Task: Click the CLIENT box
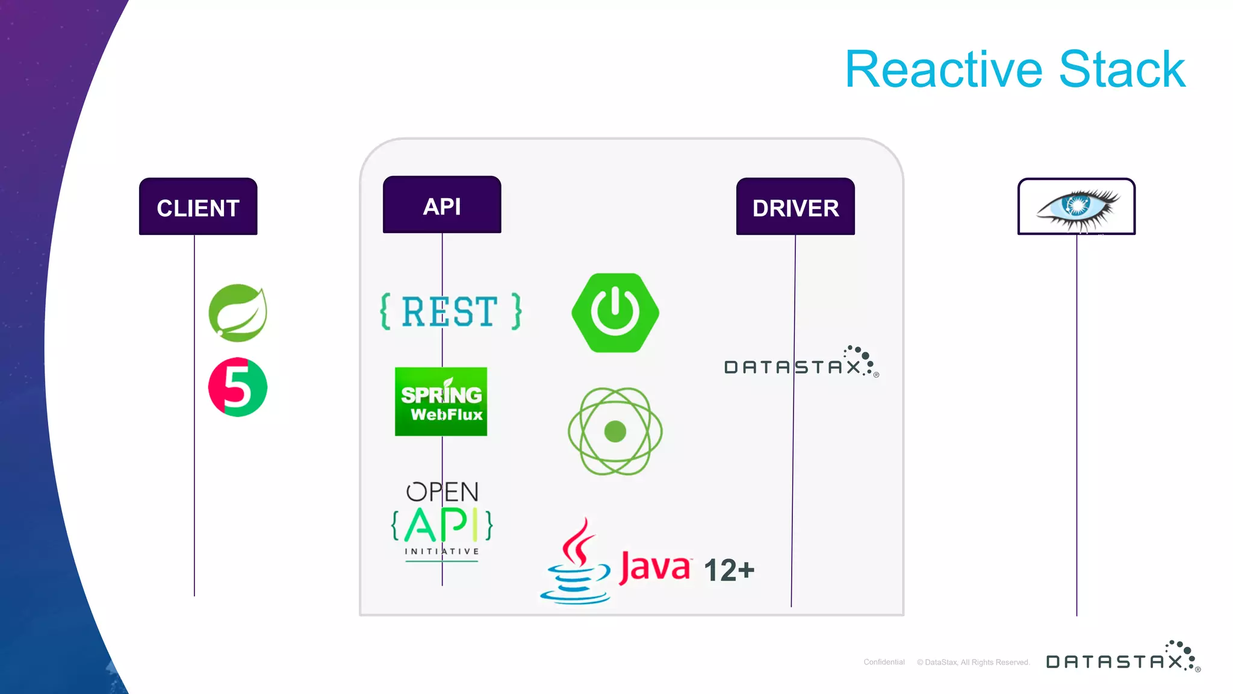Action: [x=198, y=207]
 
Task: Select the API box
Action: [x=442, y=205]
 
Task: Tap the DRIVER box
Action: [x=795, y=207]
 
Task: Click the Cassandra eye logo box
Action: [x=1076, y=207]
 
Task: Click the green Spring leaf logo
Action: [x=238, y=313]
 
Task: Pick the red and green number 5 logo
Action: [x=238, y=387]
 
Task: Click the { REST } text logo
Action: [x=450, y=311]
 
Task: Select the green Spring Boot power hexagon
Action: [x=615, y=313]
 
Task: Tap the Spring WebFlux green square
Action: [x=441, y=402]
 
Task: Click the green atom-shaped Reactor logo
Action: [x=615, y=431]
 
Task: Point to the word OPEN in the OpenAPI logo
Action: [x=443, y=492]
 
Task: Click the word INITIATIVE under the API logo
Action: [x=442, y=551]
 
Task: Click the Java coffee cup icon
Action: [x=576, y=563]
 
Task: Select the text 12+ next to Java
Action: [x=728, y=570]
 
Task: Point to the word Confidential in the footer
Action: [x=884, y=662]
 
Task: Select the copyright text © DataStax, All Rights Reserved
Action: [x=973, y=662]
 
